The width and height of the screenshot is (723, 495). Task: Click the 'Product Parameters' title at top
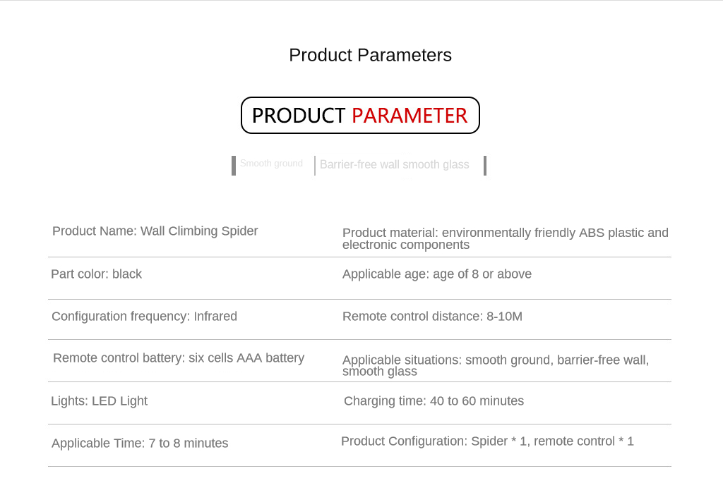tap(370, 55)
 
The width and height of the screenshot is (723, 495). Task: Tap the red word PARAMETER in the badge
tap(410, 116)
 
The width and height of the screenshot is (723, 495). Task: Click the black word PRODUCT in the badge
tap(299, 116)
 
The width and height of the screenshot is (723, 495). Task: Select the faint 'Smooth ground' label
tap(271, 164)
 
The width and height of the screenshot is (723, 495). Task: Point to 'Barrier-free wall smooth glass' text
tap(394, 165)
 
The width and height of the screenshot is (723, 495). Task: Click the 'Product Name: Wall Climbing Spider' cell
tap(155, 231)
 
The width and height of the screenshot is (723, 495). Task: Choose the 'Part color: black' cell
tap(96, 274)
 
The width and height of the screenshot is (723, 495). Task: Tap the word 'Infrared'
tap(215, 317)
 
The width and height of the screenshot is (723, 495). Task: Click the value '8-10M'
tap(504, 317)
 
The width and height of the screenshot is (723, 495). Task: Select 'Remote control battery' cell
tap(179, 358)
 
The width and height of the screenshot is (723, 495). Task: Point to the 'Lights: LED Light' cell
tap(99, 401)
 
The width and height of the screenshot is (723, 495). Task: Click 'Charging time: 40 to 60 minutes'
tap(434, 401)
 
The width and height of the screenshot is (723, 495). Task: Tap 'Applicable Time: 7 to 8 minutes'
tap(140, 444)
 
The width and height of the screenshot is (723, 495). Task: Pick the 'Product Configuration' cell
tap(487, 441)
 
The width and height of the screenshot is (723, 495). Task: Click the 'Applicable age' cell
tap(437, 274)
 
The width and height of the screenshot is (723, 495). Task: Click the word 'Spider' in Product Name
tap(239, 231)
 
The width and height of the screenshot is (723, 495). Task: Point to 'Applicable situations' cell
tap(496, 366)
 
